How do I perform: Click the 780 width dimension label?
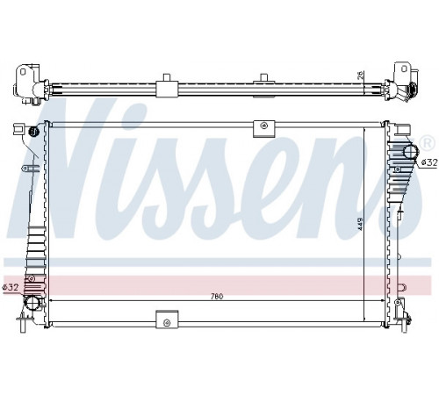pyautogui.click(x=217, y=297)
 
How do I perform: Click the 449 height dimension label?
pyautogui.click(x=360, y=224)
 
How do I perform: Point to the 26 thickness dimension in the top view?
pyautogui.click(x=360, y=75)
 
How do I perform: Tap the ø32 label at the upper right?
pyautogui.click(x=429, y=162)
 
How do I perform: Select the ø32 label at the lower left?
pyautogui.click(x=11, y=287)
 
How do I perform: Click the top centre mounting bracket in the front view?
pyautogui.click(x=264, y=128)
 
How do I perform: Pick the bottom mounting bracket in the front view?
pyautogui.click(x=167, y=319)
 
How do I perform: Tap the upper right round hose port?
pyautogui.click(x=411, y=151)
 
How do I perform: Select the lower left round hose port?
pyautogui.click(x=32, y=303)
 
